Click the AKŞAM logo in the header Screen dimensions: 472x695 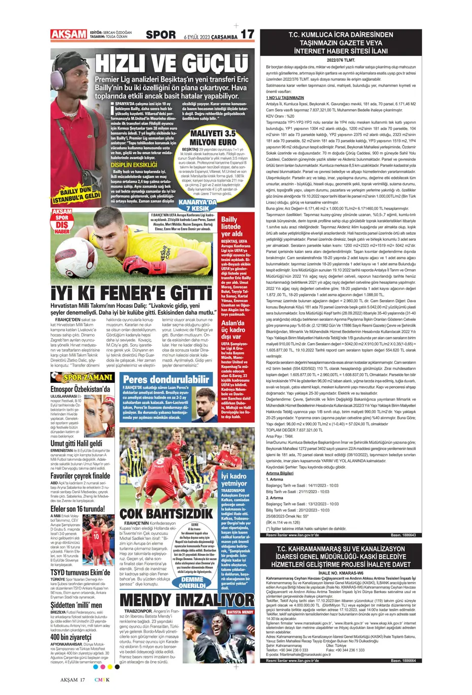[69, 34]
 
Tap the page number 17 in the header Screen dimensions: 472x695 [247, 34]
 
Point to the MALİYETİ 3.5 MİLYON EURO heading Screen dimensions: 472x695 [213, 138]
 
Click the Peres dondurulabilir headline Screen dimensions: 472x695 [166, 379]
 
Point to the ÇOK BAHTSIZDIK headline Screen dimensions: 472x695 [166, 514]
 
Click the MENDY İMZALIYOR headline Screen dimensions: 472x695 [187, 600]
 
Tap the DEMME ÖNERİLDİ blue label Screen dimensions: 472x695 [192, 582]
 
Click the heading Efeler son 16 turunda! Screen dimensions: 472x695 [78, 509]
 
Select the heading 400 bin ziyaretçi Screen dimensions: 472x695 [71, 637]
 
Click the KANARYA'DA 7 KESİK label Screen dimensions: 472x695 [197, 205]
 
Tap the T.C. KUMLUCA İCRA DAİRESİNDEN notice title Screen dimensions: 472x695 [341, 43]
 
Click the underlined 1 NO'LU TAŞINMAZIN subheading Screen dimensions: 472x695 [285, 98]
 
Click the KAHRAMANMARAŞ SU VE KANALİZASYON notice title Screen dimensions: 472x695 [341, 556]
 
